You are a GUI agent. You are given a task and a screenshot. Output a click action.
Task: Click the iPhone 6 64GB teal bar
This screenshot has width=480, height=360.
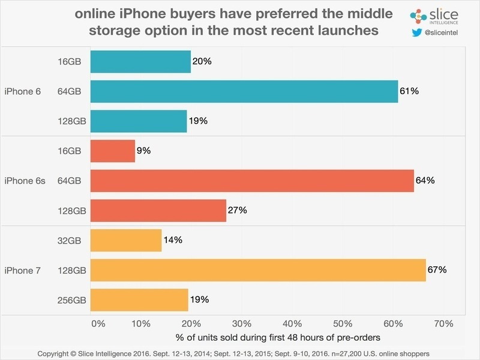244,91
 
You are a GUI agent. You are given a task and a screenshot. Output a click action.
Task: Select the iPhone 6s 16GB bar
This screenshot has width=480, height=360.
113,151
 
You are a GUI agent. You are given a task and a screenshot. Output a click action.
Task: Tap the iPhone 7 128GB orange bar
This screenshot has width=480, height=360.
258,270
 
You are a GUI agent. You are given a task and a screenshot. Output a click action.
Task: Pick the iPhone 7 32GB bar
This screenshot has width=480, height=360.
126,240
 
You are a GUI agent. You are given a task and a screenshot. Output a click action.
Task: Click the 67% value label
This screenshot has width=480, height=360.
437,270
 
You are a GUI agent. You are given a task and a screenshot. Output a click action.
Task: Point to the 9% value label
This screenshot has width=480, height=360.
144,151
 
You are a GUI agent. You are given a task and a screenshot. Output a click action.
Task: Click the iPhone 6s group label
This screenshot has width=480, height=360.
25,180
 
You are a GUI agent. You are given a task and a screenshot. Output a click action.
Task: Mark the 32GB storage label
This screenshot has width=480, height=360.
71,240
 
